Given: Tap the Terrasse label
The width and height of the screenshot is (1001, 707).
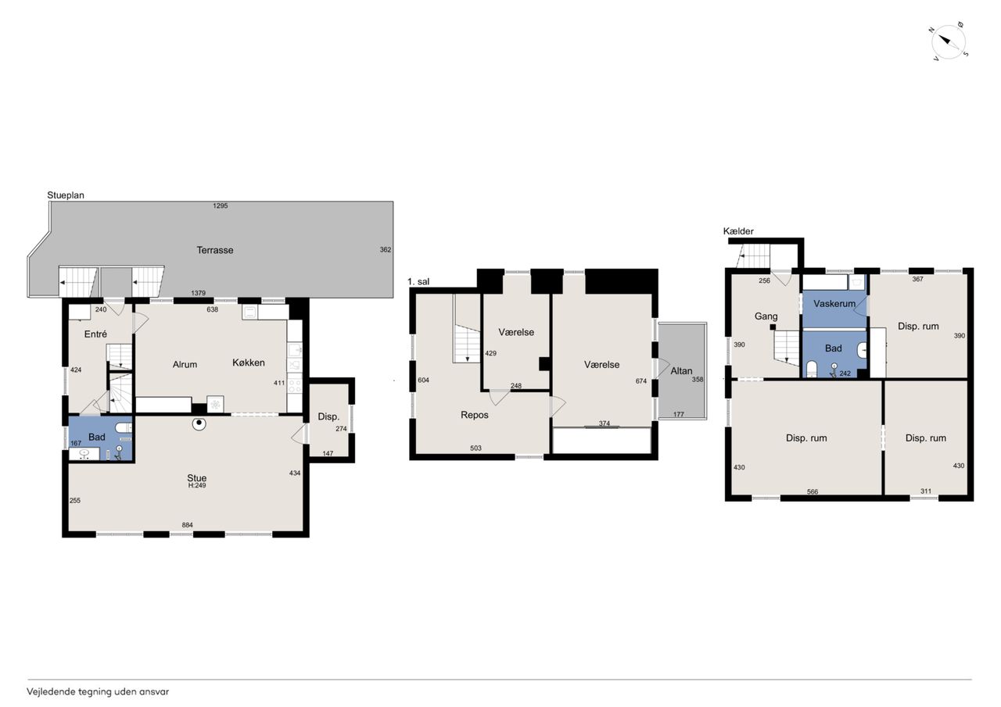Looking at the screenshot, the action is point(215,250).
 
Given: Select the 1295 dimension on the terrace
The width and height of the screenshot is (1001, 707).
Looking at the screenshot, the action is point(221,205).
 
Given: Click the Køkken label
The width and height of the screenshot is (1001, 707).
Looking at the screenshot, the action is point(249,362).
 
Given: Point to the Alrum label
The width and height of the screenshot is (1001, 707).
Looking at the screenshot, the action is point(185,365).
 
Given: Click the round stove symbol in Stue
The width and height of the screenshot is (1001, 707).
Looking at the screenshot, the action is point(199,424).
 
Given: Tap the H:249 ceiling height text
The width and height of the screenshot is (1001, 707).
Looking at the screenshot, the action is point(197,486).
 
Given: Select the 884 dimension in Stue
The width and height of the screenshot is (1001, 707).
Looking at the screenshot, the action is point(187,525).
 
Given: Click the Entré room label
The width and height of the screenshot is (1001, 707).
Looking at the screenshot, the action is point(95,334).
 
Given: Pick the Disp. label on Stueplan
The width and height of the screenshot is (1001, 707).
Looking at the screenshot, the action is point(328,416).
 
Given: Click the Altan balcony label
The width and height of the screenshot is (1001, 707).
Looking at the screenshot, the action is point(681,371).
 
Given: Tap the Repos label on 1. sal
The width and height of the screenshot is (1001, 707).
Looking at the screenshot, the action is point(475,415).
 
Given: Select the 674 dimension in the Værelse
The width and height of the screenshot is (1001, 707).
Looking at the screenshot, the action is point(640,380).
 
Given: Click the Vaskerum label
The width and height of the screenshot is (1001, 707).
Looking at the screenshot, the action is point(834,304).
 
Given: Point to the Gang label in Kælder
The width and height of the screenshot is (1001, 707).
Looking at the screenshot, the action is point(766,316).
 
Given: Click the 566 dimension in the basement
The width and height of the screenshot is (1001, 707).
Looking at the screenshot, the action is point(813,491).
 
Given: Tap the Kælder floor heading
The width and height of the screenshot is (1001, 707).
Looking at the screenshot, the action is point(738,231).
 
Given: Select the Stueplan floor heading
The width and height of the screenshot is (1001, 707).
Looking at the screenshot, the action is point(66,195).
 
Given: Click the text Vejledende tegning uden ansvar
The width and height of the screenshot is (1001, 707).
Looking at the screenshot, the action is point(98,692).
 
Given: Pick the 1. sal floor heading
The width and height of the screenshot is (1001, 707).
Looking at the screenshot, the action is point(418,282).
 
